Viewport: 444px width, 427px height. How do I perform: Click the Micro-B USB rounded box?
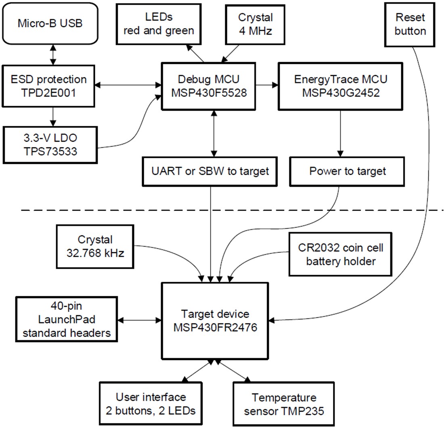[x=50, y=23]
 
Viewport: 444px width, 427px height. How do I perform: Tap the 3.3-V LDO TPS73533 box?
[x=50, y=145]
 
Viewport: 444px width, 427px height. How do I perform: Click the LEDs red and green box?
[x=159, y=24]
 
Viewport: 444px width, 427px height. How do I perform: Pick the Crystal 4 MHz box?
[x=256, y=24]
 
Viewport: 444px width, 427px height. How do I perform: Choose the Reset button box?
[x=410, y=24]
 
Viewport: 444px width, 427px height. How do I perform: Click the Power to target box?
[x=347, y=171]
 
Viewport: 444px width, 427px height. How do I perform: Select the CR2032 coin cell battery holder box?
[x=340, y=254]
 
